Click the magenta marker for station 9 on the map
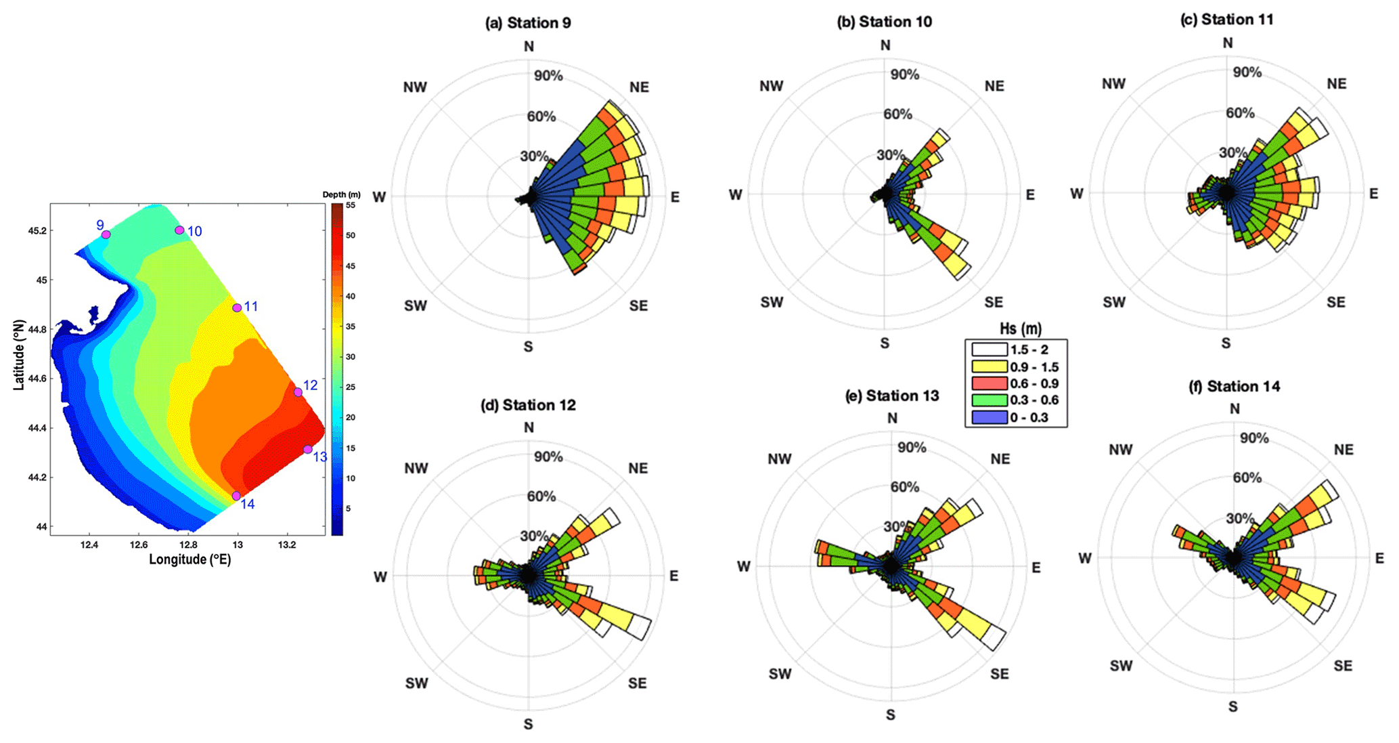106,234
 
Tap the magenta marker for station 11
237,307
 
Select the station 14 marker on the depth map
236,496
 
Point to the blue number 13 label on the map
319,457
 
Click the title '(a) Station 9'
528,23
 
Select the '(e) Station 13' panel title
892,396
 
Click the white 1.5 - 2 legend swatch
989,349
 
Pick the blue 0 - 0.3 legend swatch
989,417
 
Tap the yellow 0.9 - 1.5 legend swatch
989,366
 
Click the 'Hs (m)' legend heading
1020,329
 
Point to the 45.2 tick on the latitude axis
37,231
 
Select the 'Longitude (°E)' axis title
190,559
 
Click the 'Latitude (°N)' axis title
19,355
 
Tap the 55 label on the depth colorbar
351,205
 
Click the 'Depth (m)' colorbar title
341,195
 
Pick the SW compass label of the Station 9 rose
416,305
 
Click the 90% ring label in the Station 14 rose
1253,438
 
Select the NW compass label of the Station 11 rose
1113,84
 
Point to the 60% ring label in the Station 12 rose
541,496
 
